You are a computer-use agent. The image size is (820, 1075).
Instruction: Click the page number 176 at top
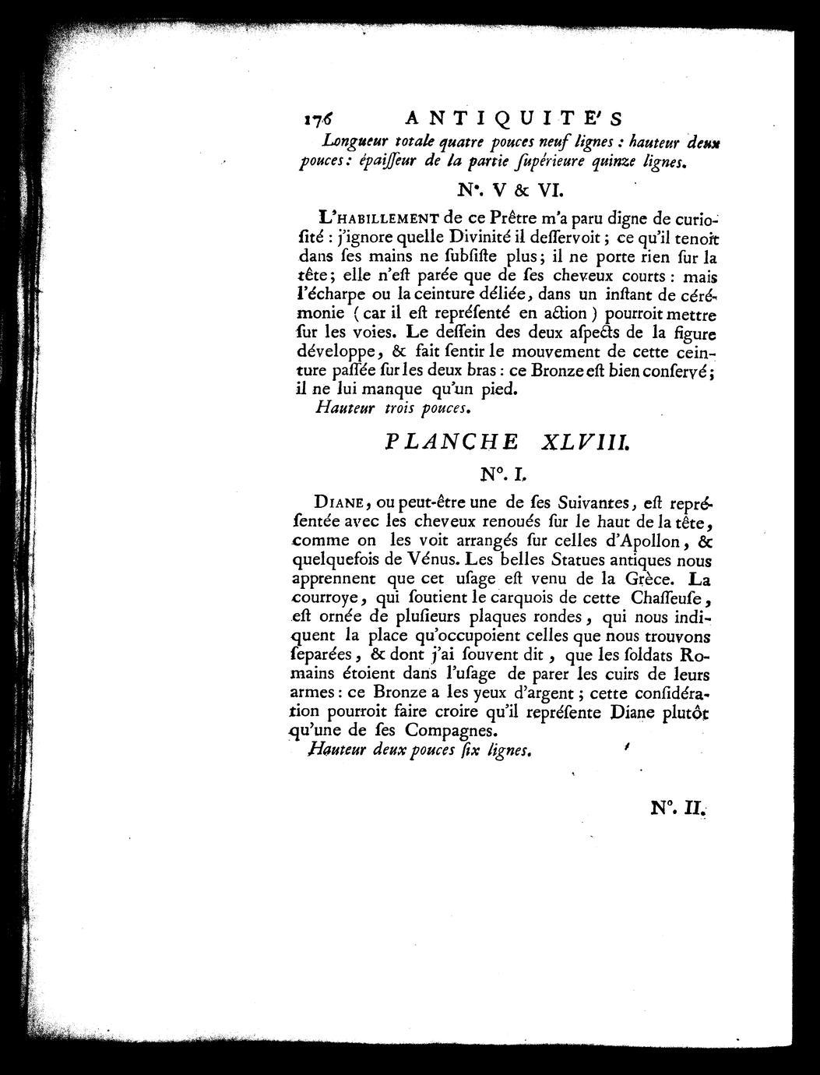(x=318, y=118)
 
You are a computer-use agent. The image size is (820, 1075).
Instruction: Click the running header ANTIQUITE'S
(x=514, y=118)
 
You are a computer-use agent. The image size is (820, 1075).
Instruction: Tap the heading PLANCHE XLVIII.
(x=507, y=442)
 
